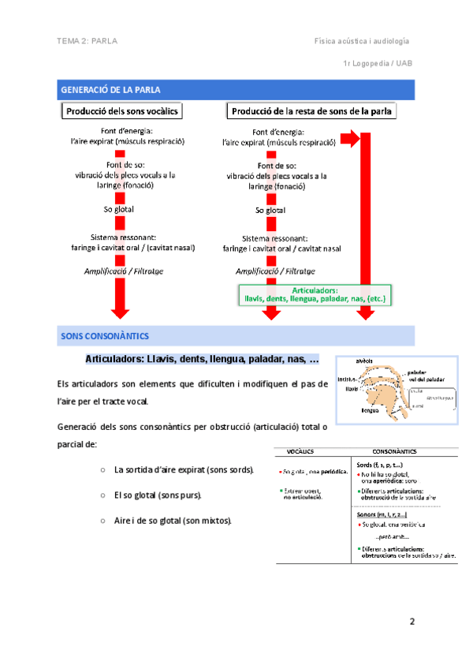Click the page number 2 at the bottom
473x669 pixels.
tap(411, 622)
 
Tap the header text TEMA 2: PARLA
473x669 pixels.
tap(88, 40)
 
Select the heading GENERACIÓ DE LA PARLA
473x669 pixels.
tap(111, 90)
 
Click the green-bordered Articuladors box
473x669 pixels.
tap(315, 295)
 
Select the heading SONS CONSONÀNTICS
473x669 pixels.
tap(99, 336)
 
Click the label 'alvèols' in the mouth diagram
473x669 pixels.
tap(364, 361)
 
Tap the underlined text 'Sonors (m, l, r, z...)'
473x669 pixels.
tap(382, 514)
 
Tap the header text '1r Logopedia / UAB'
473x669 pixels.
tap(376, 62)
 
